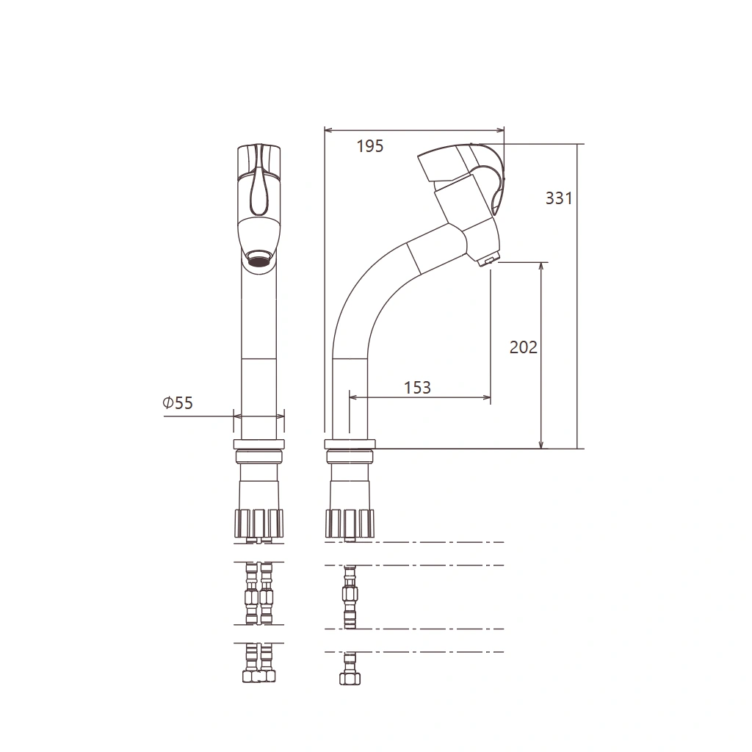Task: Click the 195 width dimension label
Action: [x=370, y=146]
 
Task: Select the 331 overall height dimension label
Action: [x=559, y=198]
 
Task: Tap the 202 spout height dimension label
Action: [x=523, y=347]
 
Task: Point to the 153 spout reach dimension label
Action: [x=417, y=388]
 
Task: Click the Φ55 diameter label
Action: [x=178, y=403]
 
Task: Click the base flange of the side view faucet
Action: [x=350, y=444]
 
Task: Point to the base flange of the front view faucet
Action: [x=259, y=444]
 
